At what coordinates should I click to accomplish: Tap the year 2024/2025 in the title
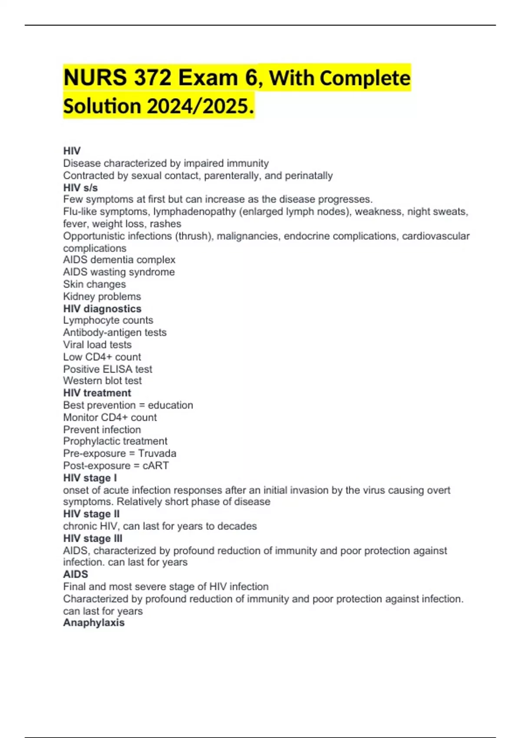199,106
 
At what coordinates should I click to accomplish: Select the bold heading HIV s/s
80,188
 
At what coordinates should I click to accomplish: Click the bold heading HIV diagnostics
102,309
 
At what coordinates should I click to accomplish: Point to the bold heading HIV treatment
97,393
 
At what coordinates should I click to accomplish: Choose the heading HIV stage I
90,478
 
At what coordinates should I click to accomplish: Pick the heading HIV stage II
91,514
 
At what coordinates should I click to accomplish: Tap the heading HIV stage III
92,538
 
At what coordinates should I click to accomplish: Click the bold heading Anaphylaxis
94,623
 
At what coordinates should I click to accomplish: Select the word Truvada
157,453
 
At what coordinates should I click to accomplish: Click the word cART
155,465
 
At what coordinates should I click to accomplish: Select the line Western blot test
102,381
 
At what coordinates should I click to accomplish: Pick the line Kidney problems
102,297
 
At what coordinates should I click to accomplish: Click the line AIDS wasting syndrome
119,272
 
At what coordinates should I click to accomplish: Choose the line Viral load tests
97,345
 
